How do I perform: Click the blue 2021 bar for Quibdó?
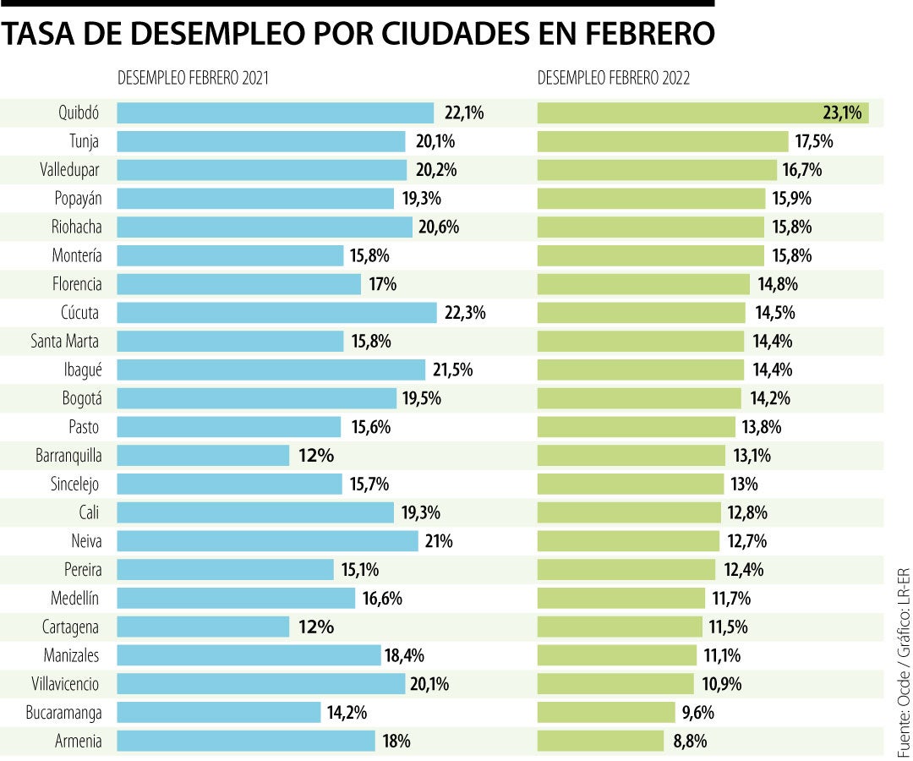coord(275,112)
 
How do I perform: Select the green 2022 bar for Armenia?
coord(600,742)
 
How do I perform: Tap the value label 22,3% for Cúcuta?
coord(465,313)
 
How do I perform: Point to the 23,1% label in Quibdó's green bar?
coord(842,112)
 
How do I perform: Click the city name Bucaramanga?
coord(63,713)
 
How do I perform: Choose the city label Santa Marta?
coord(65,341)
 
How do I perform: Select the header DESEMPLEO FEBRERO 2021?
coord(193,79)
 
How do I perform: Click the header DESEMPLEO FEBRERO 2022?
coord(614,79)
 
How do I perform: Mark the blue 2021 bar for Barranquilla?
coord(203,456)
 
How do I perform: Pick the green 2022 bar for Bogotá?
coord(640,398)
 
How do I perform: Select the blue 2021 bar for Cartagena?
coord(203,627)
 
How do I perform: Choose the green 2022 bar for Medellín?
coord(621,599)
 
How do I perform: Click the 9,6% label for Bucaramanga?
coord(697,713)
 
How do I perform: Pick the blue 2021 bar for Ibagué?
coord(271,370)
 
